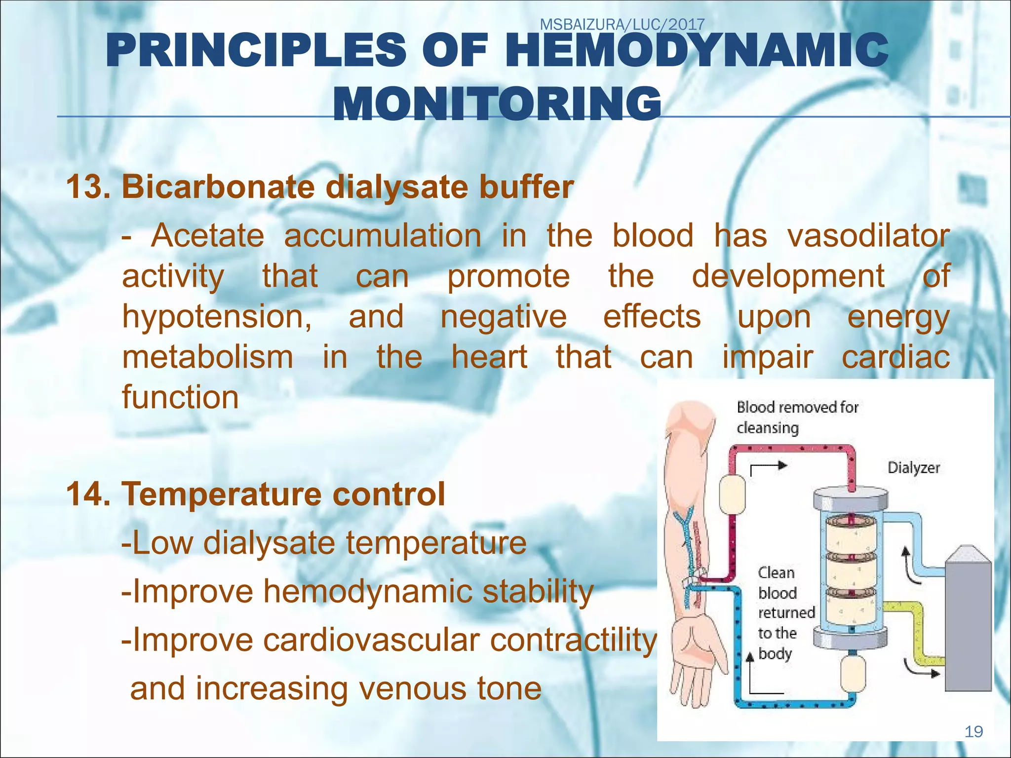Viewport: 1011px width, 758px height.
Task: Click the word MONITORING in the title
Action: (x=498, y=104)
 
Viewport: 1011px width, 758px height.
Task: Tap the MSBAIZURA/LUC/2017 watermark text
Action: (x=622, y=24)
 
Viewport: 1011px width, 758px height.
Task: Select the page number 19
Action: (x=973, y=731)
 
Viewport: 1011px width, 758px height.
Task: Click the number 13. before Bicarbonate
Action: (x=88, y=188)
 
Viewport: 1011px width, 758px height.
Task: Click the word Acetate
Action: (x=208, y=236)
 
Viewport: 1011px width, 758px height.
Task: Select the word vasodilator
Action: (x=868, y=236)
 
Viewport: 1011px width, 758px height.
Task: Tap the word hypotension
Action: (x=216, y=317)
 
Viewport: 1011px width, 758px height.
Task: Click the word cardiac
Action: (x=895, y=357)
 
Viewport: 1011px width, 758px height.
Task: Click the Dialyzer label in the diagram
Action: (x=913, y=467)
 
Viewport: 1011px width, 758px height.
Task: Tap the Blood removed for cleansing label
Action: (x=797, y=417)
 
